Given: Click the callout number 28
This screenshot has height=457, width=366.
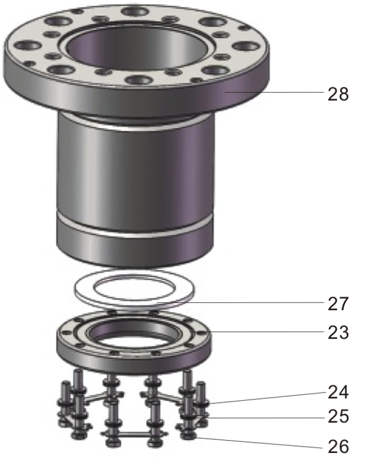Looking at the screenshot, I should click(338, 93).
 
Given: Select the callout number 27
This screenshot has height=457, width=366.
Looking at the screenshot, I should click(338, 304).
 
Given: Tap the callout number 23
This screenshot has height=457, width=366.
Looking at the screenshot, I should click(338, 333).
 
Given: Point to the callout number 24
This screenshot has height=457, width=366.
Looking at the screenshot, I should click(338, 392).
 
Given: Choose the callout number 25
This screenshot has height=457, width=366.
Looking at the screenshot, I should click(338, 416).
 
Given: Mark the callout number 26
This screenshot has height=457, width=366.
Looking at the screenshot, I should click(338, 447).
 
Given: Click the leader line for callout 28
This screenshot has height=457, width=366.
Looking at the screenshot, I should click(274, 93).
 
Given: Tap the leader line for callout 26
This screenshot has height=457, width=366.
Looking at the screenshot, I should click(261, 443).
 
